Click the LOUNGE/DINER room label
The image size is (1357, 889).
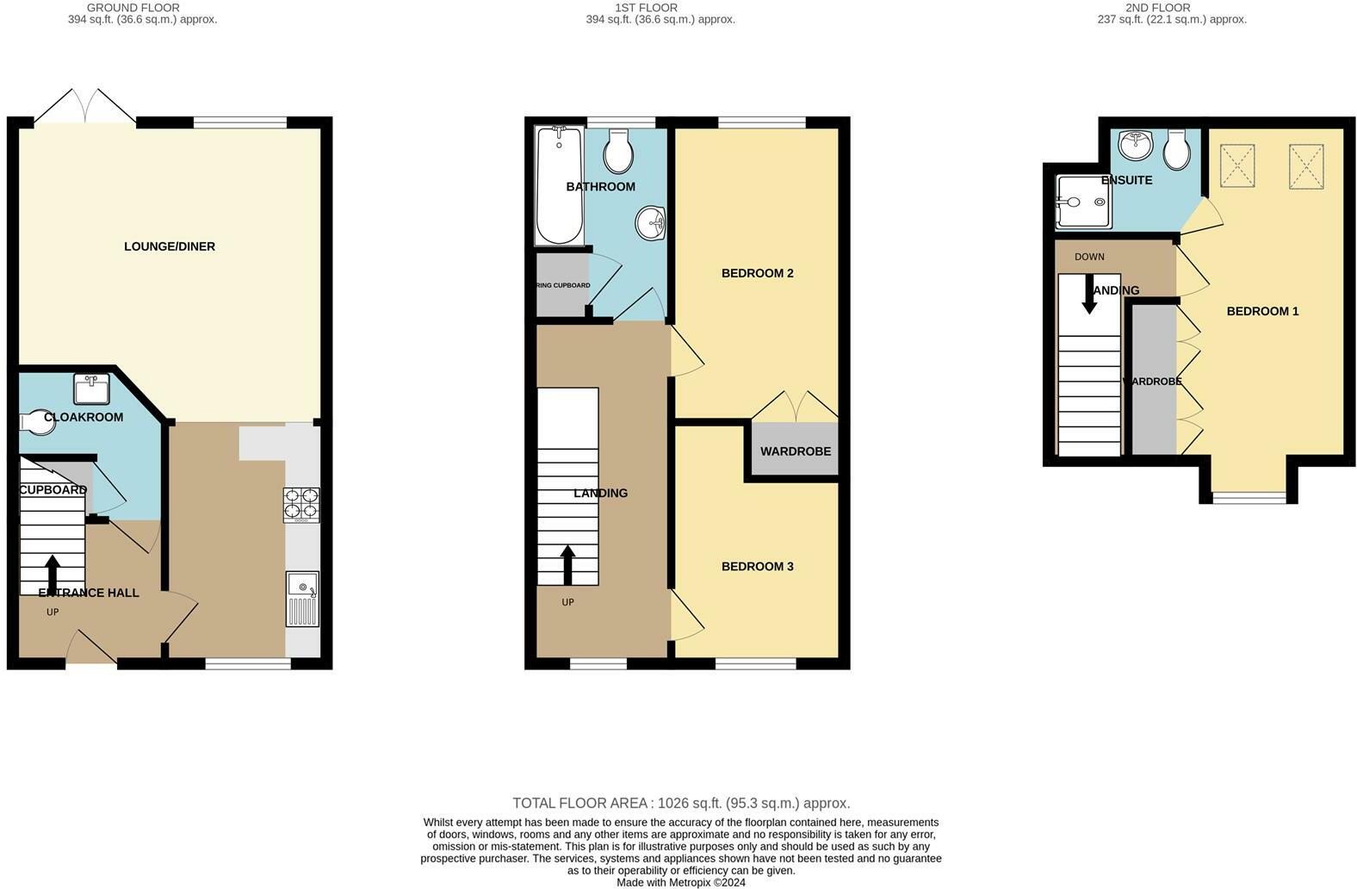point(170,246)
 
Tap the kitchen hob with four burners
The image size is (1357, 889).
point(301,505)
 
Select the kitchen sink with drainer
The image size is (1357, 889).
point(302,600)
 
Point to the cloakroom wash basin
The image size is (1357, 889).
point(91,389)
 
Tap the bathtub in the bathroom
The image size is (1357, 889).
point(560,185)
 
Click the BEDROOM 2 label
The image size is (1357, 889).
point(757,273)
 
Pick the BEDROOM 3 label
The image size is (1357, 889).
point(757,566)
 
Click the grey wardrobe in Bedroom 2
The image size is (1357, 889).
point(795,450)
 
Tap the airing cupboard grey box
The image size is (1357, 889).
point(561,285)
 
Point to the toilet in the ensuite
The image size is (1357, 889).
point(1176,150)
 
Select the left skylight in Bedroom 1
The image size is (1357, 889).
point(1237,166)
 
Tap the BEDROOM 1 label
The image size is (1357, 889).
point(1262,311)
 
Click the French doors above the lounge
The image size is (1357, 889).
point(85,107)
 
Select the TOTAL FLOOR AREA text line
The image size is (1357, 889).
point(680,803)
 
